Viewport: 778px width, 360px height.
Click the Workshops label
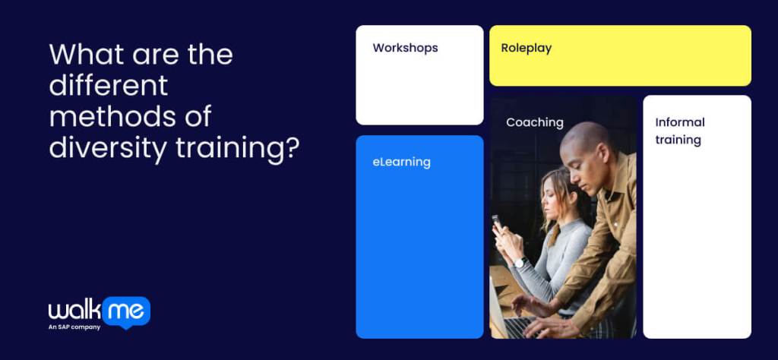[405, 48]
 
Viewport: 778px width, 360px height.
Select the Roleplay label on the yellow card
[526, 48]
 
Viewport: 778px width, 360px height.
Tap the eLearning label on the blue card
[401, 162]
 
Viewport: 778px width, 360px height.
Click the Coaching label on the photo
[535, 122]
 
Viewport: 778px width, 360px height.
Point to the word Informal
[680, 122]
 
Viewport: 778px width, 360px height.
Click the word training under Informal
[678, 140]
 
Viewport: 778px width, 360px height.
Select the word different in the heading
[108, 86]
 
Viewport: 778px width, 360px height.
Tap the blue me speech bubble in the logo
[125, 311]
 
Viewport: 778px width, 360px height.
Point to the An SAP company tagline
[74, 327]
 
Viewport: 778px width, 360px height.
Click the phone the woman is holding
[496, 223]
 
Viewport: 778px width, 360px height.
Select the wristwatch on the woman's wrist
[520, 262]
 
